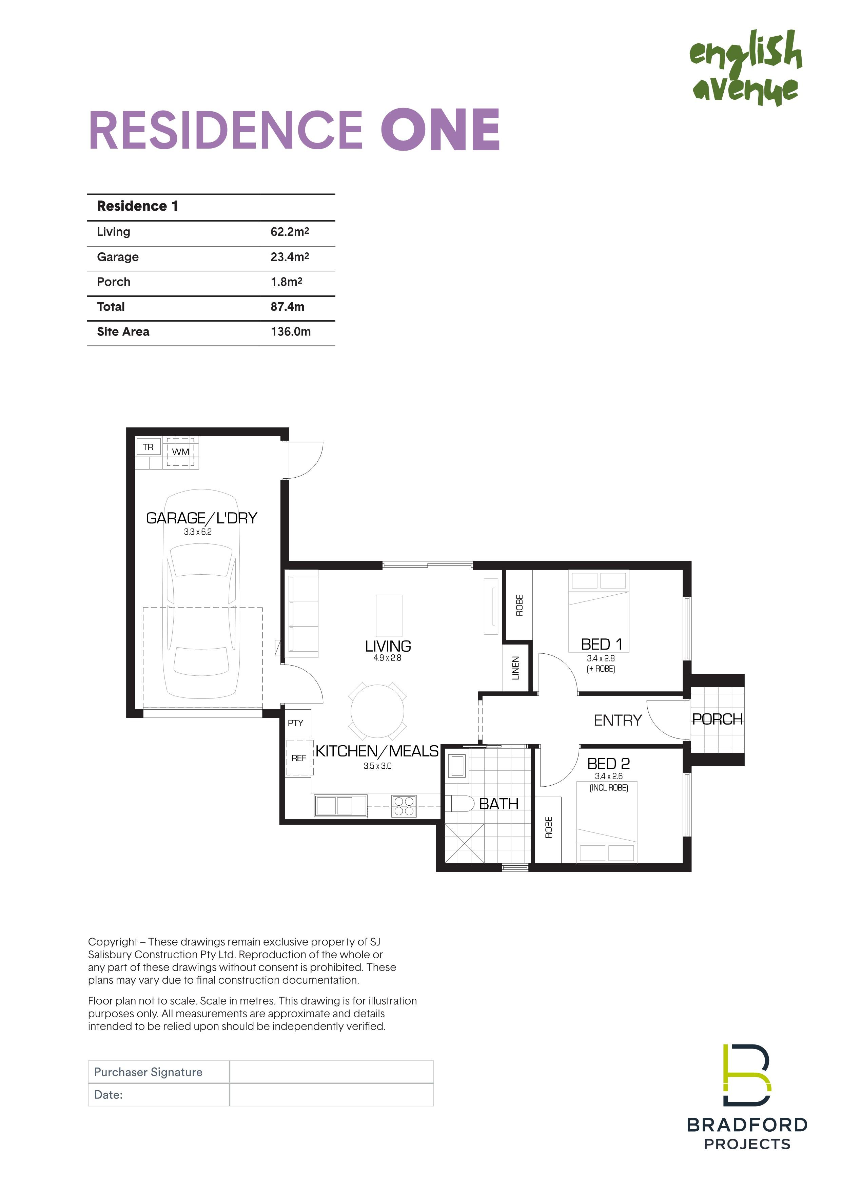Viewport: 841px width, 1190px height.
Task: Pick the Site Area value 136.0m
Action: (291, 332)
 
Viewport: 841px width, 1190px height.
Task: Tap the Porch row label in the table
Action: (114, 282)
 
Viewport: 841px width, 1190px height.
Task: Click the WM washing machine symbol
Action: (181, 452)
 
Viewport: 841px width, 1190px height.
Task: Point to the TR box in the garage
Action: (148, 447)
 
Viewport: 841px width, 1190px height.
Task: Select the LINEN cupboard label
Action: (515, 668)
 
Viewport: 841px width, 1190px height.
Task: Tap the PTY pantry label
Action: (295, 723)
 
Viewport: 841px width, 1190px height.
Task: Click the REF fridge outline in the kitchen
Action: (299, 758)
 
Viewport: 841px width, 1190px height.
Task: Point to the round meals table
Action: (378, 711)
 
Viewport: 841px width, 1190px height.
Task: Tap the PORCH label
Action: (718, 719)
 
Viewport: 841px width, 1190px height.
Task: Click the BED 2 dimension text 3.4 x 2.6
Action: (609, 776)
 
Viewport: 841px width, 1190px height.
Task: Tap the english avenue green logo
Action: (746, 68)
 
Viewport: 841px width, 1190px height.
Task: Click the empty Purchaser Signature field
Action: (331, 1072)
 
